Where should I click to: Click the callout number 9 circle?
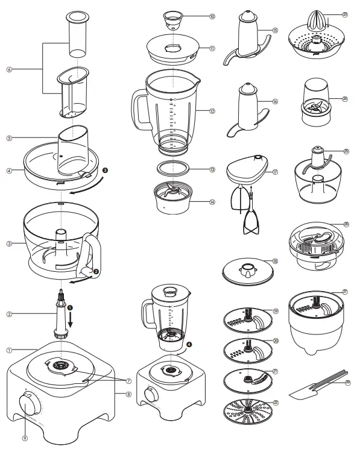(25, 439)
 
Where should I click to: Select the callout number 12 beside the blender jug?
(212, 111)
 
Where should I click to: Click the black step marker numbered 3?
(106, 171)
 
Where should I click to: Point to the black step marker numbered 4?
(189, 345)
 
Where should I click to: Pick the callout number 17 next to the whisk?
(275, 171)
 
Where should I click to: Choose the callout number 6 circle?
(9, 69)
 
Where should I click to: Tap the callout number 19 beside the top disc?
(275, 311)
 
